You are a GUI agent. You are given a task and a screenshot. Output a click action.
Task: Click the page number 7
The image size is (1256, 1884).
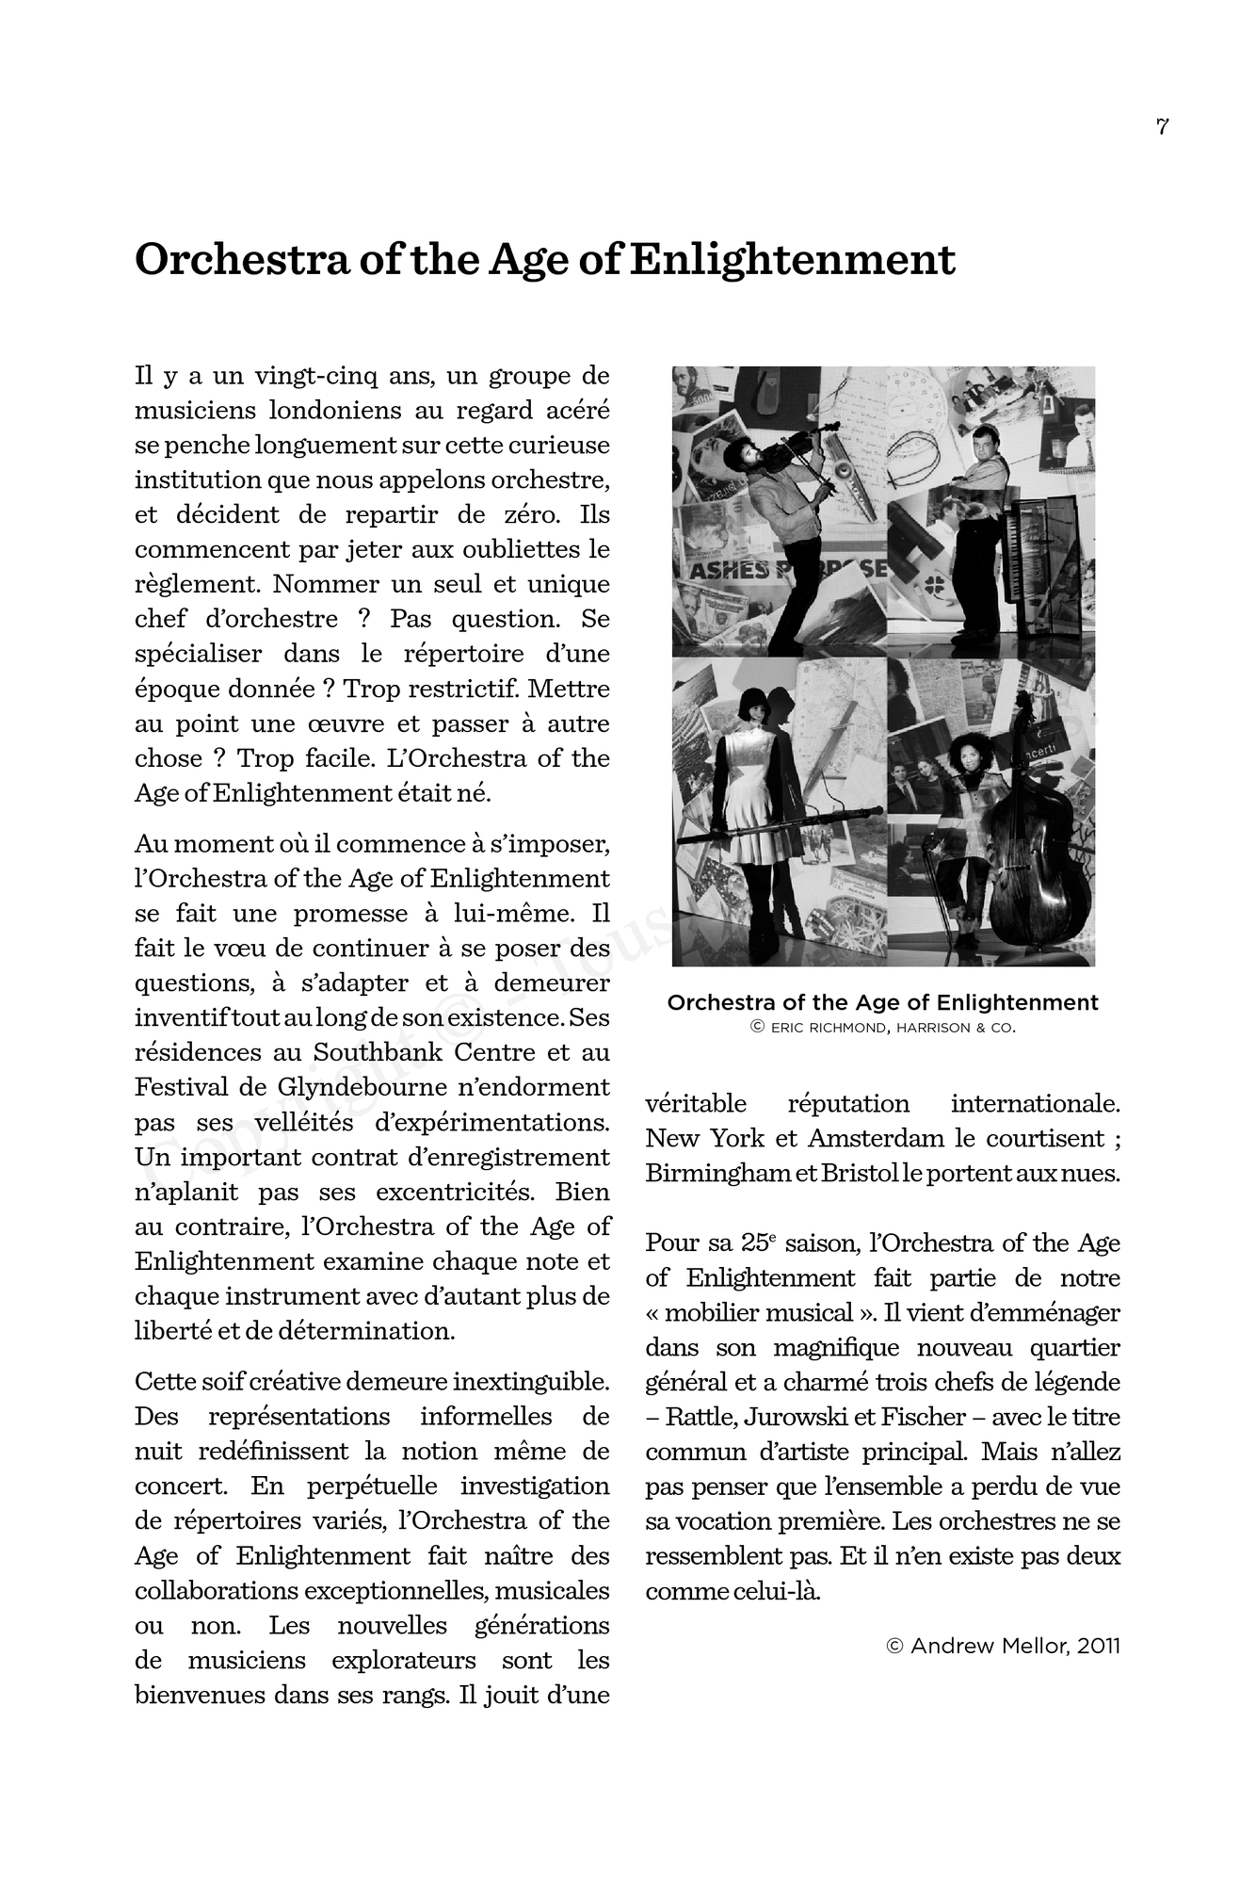click(1162, 127)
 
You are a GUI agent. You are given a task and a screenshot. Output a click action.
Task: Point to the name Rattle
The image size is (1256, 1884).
click(699, 1417)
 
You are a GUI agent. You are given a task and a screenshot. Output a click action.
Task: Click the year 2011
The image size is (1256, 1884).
click(1099, 1646)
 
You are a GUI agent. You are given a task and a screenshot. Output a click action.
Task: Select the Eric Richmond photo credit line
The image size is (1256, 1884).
click(883, 1028)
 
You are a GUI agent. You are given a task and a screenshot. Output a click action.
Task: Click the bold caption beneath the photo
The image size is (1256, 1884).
click(882, 1002)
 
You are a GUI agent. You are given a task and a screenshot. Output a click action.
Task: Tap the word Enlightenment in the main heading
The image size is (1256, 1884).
click(792, 260)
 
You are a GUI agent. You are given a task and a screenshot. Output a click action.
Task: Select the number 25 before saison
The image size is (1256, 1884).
click(754, 1242)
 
